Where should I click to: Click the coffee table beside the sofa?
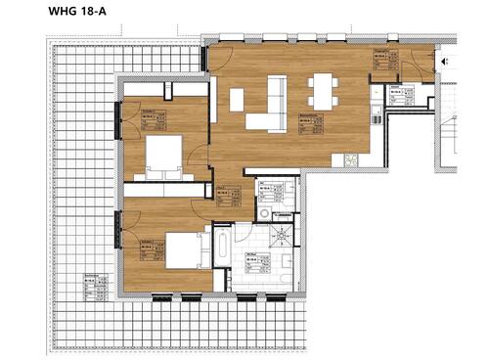(x=237, y=99)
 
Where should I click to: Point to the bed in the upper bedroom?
(x=163, y=156)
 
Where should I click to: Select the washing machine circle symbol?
(x=265, y=212)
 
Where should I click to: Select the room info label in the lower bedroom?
(x=150, y=247)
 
